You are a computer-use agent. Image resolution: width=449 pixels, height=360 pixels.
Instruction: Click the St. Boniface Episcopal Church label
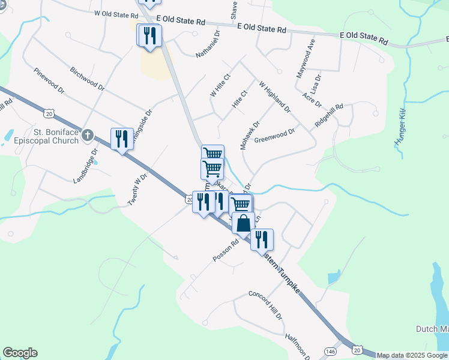tap(48, 136)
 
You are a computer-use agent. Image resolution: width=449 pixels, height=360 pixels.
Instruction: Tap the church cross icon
tap(88, 135)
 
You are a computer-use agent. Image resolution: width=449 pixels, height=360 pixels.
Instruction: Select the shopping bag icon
tap(243, 224)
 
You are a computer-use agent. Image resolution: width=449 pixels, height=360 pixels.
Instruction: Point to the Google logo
tap(20, 353)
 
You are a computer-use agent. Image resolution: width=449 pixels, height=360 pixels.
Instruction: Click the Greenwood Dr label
tap(275, 136)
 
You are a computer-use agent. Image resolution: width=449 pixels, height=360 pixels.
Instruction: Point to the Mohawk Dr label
tap(249, 136)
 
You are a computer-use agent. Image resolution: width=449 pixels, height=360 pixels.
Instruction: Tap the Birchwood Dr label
tap(87, 79)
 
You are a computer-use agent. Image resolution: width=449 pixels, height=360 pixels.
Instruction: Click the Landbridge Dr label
tap(85, 169)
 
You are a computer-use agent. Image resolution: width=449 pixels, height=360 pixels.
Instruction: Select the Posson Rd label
tap(226, 250)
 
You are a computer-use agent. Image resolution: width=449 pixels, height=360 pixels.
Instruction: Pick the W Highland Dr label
tap(274, 97)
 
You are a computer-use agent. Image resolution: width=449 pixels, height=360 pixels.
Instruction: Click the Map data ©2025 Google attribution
tap(412, 355)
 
